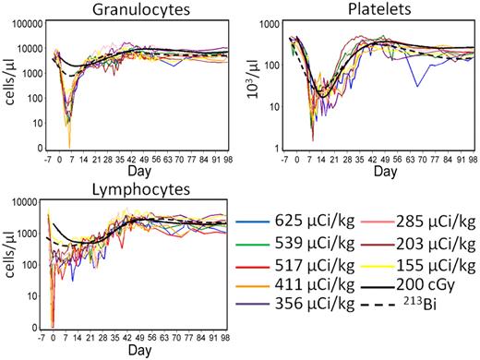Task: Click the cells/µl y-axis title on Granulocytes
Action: [x=10, y=78]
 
